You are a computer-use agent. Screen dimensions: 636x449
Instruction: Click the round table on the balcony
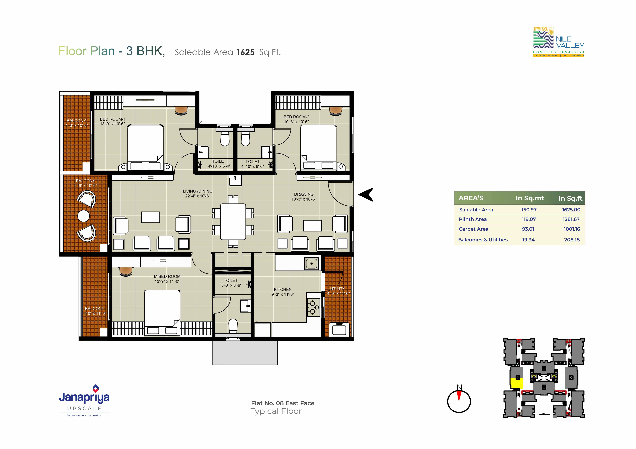point(84,216)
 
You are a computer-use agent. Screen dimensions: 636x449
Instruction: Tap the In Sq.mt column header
point(530,198)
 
